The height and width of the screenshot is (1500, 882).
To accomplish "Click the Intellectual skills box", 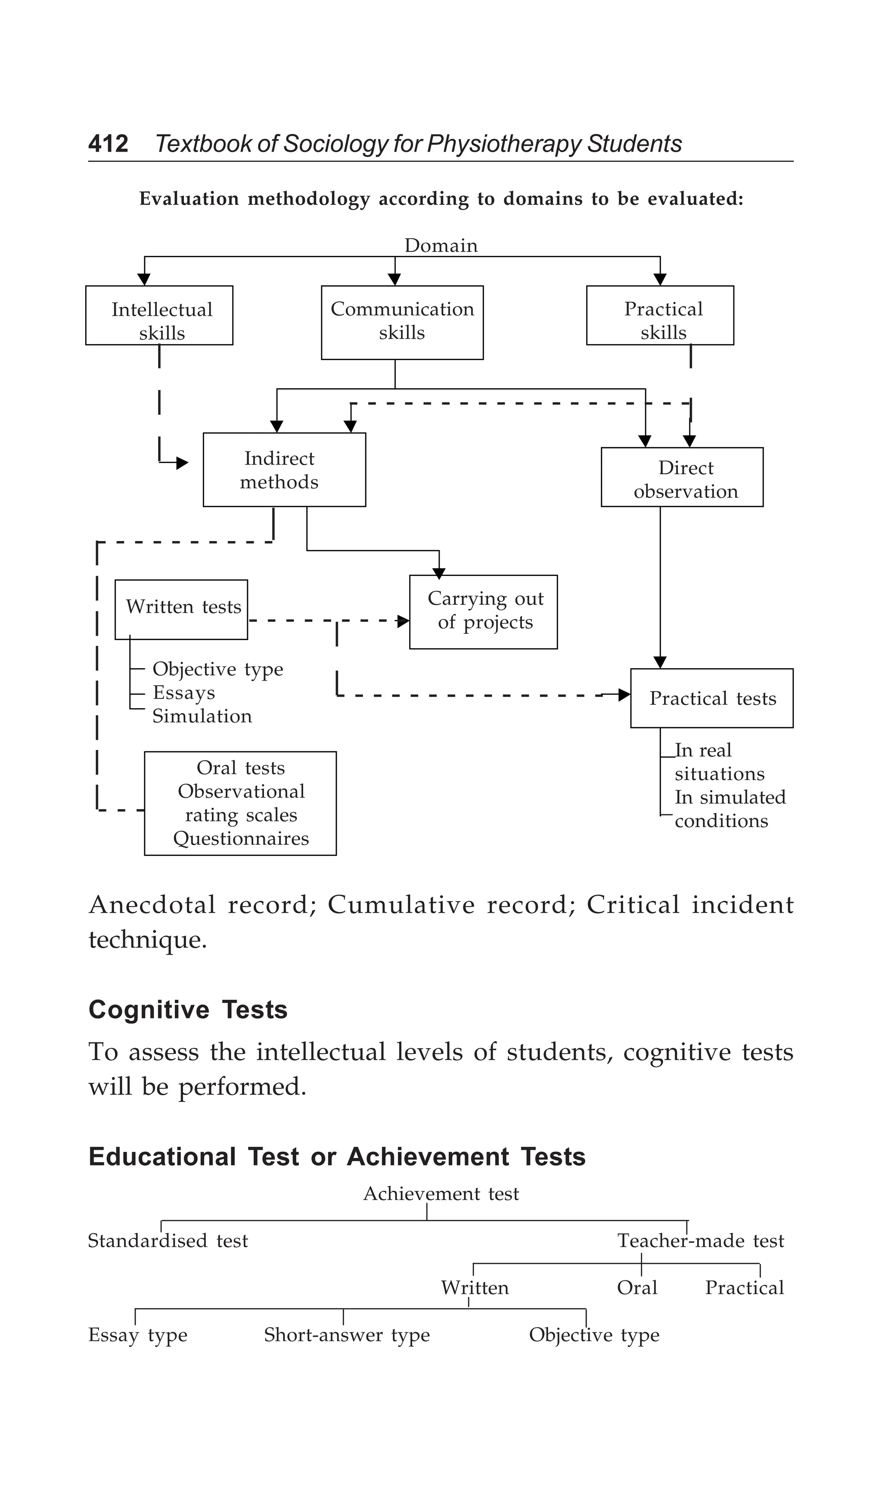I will click(x=159, y=315).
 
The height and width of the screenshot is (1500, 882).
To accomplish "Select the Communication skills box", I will click(x=402, y=322).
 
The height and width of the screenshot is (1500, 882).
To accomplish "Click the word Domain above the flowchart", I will click(x=441, y=245).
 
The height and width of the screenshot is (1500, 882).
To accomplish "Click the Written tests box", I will click(x=181, y=609).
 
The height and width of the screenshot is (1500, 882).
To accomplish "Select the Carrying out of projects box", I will click(x=483, y=611).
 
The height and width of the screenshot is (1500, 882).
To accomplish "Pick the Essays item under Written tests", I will click(x=183, y=693).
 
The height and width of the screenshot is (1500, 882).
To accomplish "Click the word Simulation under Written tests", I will click(x=202, y=716).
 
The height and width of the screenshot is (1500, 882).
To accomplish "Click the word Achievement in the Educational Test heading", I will click(x=427, y=1157).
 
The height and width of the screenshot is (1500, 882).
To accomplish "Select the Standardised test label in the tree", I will click(x=168, y=1241).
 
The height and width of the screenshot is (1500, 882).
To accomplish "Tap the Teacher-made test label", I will click(x=701, y=1241).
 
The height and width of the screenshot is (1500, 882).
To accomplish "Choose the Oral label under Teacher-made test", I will click(x=637, y=1288).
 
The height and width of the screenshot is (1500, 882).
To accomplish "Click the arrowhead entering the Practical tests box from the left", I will click(x=624, y=694).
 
